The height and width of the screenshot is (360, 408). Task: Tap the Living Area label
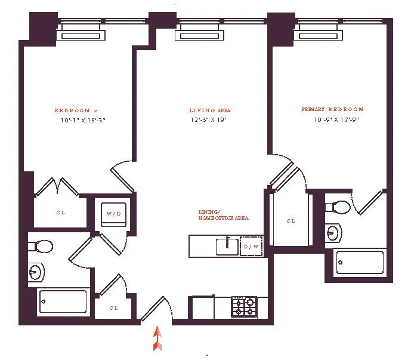[x=210, y=110]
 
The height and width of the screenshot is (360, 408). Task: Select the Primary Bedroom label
[x=332, y=110]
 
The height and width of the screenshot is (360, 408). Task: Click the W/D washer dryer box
[x=113, y=213]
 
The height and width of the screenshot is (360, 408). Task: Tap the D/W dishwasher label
[x=251, y=245]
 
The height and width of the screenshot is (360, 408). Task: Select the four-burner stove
[x=244, y=307]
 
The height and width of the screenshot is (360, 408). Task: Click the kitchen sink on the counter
[x=225, y=245]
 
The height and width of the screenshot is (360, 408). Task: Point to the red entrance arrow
[x=157, y=338]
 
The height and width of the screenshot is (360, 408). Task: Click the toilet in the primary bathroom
[x=338, y=207]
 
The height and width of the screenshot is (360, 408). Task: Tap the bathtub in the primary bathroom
[x=359, y=262]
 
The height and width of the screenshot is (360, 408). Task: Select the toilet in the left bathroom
[x=41, y=245]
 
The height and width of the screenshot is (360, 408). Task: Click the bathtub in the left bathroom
[x=63, y=301]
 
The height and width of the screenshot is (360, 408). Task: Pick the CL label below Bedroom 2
[x=61, y=213]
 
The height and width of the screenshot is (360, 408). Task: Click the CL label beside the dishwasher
[x=290, y=221]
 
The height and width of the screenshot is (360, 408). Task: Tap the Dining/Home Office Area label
[x=223, y=215]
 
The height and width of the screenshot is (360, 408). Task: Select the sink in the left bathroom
[x=36, y=273]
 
